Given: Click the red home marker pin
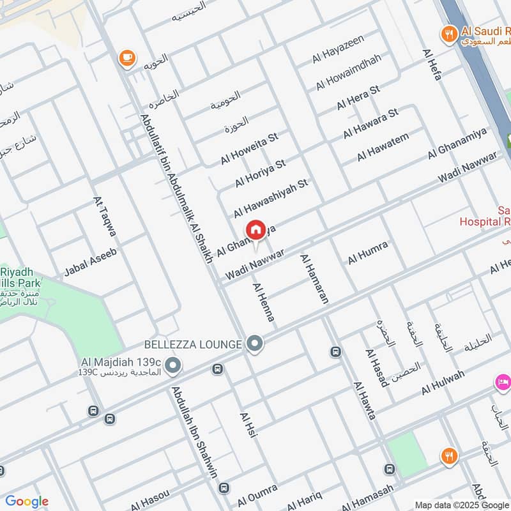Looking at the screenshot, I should click(x=256, y=230).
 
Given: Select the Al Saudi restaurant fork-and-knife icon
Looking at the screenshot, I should click(x=450, y=33).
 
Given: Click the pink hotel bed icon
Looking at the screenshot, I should click(x=503, y=382).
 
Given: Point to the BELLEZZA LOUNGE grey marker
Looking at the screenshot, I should click(x=256, y=345).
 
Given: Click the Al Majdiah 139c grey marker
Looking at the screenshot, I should click(x=172, y=366).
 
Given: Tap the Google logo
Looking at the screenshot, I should click(x=27, y=502).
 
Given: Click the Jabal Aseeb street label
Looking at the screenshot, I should click(x=90, y=263).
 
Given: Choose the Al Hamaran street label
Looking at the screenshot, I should click(x=314, y=278).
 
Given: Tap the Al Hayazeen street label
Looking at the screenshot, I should click(x=338, y=49).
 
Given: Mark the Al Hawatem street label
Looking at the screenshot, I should click(x=383, y=147).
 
